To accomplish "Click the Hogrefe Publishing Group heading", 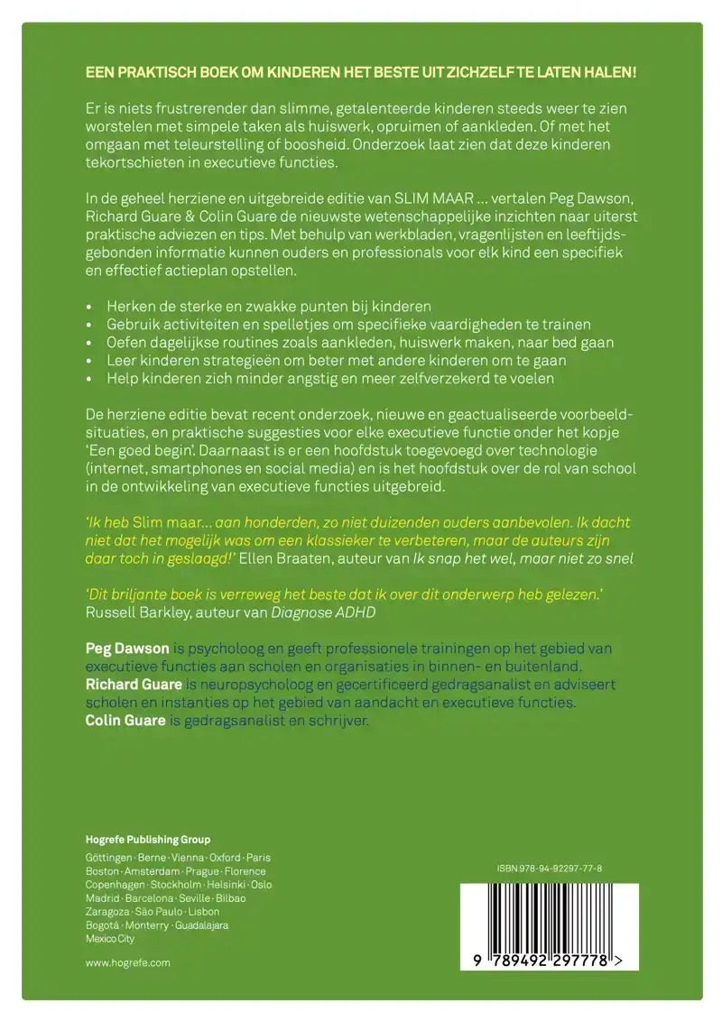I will tap(147, 838).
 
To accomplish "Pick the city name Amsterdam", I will tap(152, 871).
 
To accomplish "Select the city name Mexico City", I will tap(109, 939).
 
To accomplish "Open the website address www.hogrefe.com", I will tap(127, 962).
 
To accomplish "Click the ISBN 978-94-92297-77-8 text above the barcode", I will tap(549, 869).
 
